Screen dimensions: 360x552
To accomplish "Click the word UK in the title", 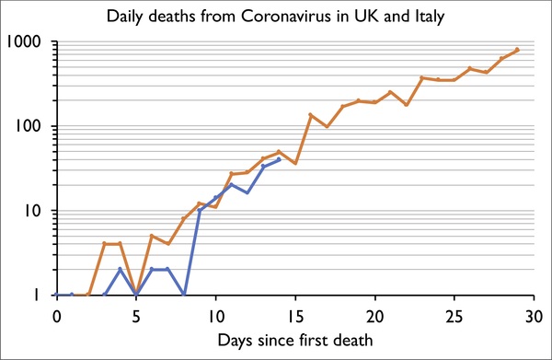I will click(361, 17).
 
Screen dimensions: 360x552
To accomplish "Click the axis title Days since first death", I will click(294, 340).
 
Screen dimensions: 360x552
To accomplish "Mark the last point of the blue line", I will click(279, 159).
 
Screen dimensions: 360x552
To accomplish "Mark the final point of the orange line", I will click(518, 50).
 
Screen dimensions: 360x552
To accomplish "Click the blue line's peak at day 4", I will click(121, 270).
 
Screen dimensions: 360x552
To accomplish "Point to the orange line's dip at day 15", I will click(295, 164).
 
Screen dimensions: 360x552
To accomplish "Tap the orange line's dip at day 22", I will click(407, 105).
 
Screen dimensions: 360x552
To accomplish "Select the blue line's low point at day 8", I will click(184, 295).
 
